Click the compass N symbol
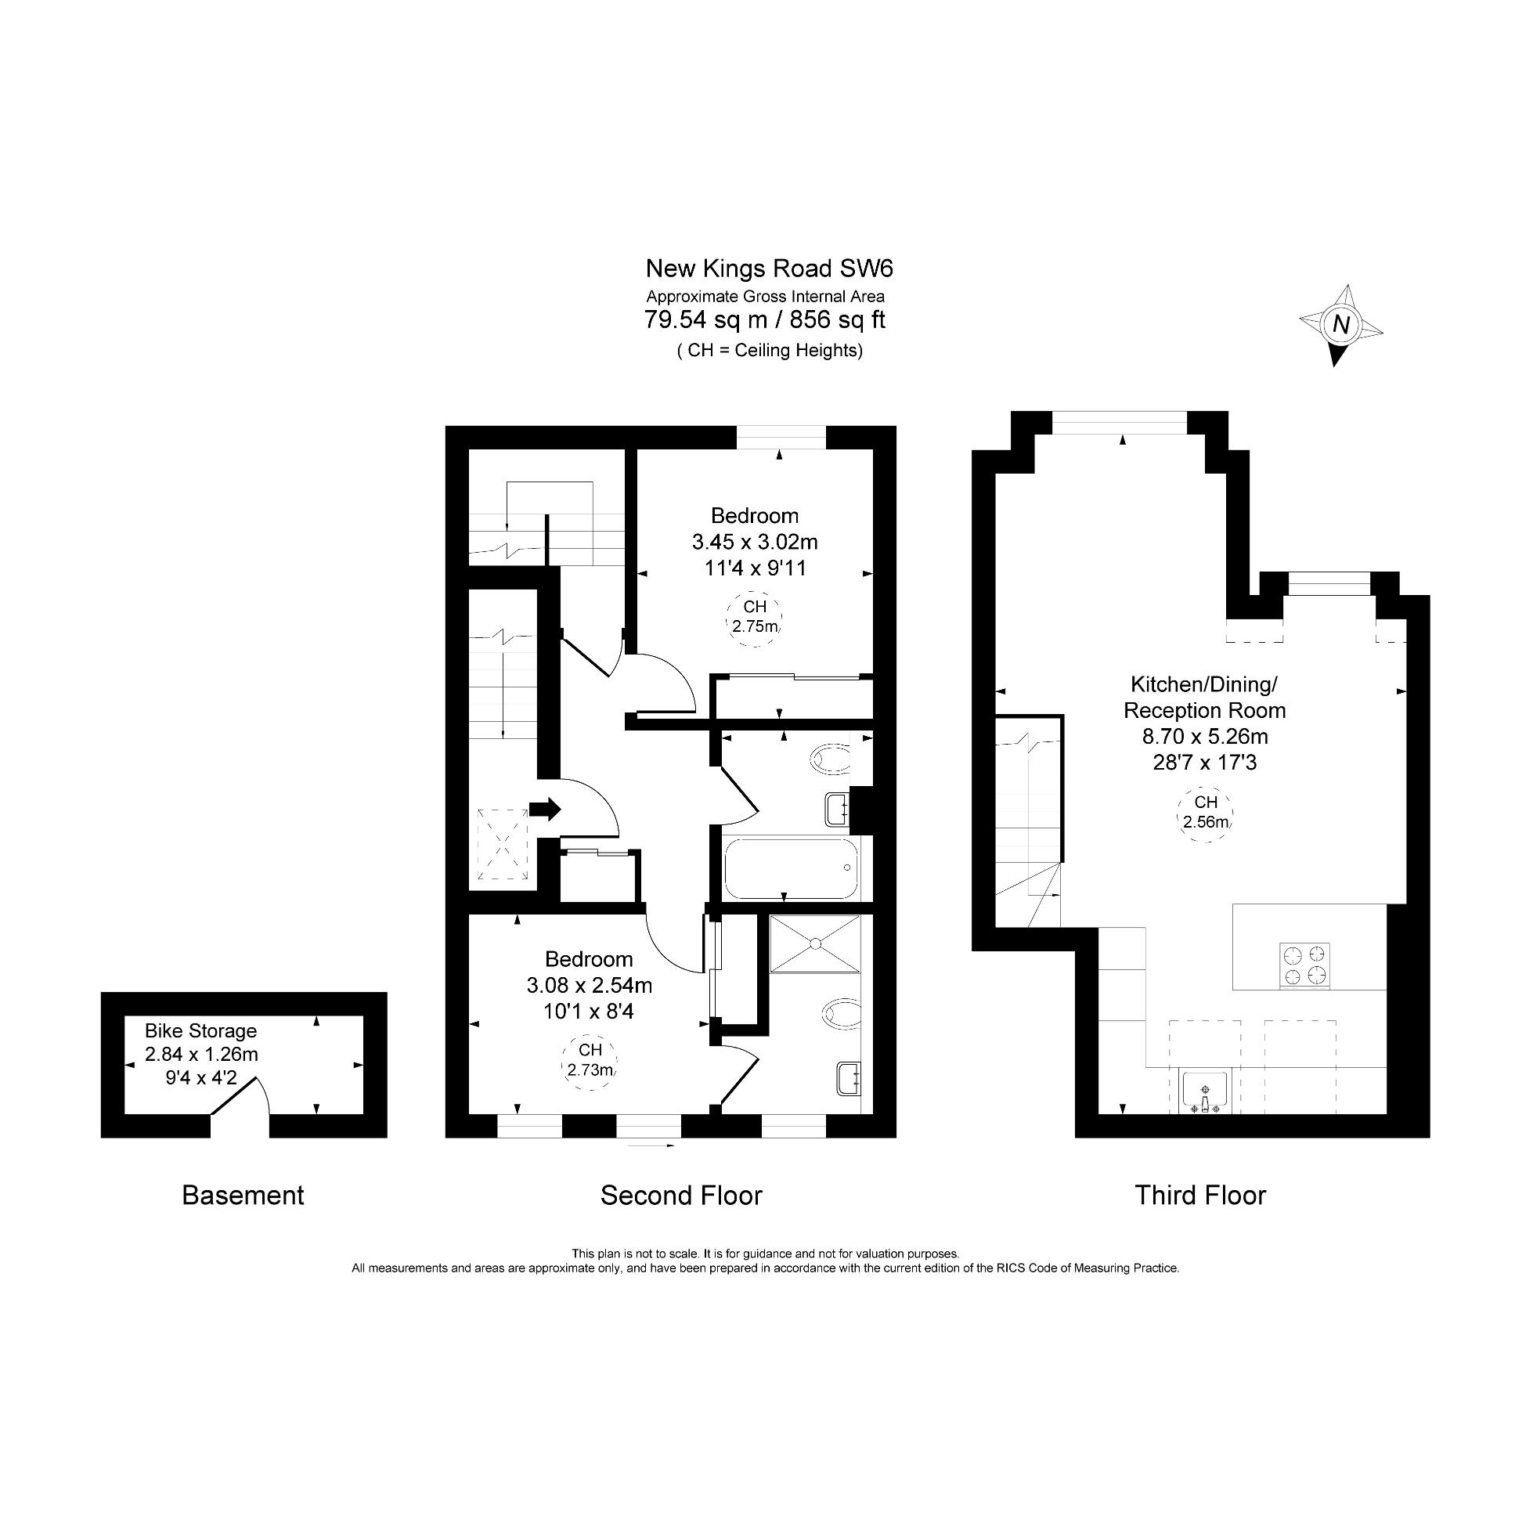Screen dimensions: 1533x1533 point(1340,325)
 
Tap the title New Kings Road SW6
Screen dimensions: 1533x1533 point(769,269)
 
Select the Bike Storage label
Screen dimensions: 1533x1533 point(200,1030)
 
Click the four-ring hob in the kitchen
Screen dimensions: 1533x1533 point(1304,965)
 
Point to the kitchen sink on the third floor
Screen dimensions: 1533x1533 point(1204,1092)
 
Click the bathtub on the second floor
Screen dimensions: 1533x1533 point(791,869)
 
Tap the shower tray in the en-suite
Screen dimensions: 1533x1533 point(814,943)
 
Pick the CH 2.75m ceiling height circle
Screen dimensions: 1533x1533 point(755,618)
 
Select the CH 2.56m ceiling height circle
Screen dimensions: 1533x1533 point(1205,813)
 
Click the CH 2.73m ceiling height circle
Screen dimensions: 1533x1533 point(590,1062)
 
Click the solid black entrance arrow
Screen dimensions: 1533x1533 point(545,810)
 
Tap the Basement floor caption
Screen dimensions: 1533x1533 point(243,1195)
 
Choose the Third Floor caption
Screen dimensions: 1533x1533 point(1199,1195)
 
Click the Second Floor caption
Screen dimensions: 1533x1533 point(681,1195)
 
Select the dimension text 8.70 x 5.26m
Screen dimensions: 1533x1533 point(1205,736)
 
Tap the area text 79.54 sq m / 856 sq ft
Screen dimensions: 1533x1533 point(765,319)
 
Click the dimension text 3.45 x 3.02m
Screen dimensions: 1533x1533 point(755,542)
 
